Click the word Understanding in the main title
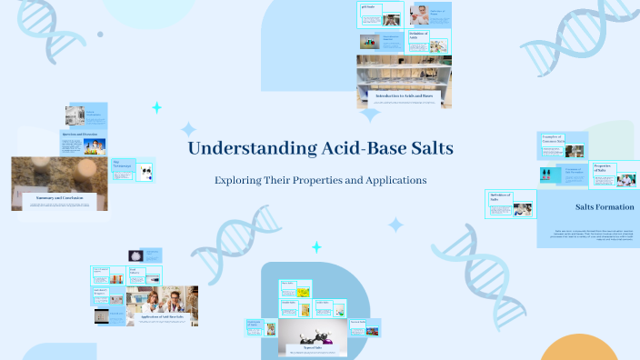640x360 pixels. coord(241,149)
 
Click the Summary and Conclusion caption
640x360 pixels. coord(60,197)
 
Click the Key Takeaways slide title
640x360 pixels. coord(121,165)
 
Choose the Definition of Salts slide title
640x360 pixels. coord(418,35)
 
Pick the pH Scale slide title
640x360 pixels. coord(369,7)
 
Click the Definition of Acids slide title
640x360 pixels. coord(437,14)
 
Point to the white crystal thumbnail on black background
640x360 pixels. coord(135,255)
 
